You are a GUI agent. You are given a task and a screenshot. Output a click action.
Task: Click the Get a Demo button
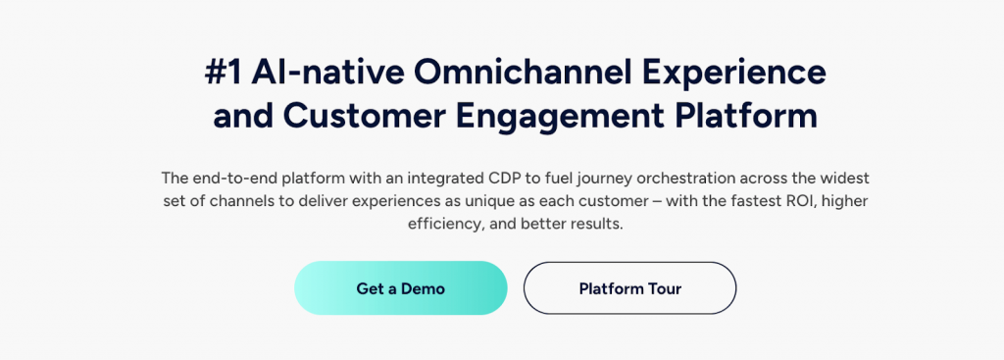401,288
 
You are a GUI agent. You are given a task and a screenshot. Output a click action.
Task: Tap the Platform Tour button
630,288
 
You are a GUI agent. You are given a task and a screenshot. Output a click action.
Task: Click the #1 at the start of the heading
224,73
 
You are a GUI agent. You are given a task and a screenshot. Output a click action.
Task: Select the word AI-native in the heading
327,73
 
